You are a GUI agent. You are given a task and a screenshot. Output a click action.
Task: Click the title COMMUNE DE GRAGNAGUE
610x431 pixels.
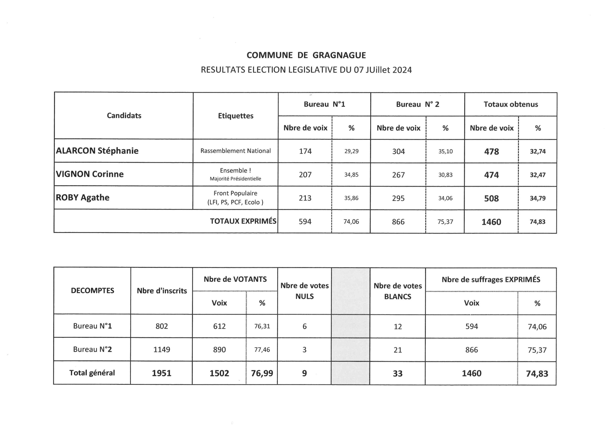(x=306, y=55)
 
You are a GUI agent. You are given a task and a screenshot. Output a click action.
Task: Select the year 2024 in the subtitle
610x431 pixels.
(x=402, y=70)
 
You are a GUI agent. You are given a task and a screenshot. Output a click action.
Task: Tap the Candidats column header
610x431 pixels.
(x=124, y=115)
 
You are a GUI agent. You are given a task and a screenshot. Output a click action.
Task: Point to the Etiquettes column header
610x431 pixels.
(x=236, y=116)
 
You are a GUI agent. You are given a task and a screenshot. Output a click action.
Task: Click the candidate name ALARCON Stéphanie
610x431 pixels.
(x=97, y=151)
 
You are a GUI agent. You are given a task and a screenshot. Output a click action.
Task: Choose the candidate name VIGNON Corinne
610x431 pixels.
(x=90, y=174)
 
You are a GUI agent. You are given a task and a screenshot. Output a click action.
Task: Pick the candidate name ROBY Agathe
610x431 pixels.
(x=83, y=198)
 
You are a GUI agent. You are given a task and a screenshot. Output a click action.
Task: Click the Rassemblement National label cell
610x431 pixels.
(x=236, y=151)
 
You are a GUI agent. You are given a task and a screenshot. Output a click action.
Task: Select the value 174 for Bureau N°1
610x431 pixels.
(x=305, y=151)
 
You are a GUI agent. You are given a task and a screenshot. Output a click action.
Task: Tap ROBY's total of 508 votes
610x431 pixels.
(x=491, y=198)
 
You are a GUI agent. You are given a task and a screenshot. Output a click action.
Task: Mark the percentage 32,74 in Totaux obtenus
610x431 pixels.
(x=538, y=151)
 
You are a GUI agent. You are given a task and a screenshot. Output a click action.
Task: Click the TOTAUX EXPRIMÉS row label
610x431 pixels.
(x=243, y=221)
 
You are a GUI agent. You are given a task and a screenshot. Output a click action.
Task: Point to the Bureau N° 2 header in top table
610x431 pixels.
(x=417, y=104)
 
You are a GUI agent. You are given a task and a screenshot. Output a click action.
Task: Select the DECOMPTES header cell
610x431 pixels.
(x=92, y=291)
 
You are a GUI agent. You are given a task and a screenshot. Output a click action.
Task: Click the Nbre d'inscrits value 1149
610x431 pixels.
(x=162, y=350)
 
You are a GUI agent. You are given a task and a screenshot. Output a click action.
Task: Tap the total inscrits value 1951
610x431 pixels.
(x=162, y=373)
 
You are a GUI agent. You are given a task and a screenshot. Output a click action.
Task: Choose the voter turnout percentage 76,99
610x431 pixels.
(x=262, y=373)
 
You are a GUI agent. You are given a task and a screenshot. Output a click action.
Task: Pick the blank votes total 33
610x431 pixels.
(x=397, y=373)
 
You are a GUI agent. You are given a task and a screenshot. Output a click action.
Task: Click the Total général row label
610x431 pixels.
(x=92, y=373)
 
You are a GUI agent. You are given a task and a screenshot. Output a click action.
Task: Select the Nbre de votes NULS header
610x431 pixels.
(x=305, y=291)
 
